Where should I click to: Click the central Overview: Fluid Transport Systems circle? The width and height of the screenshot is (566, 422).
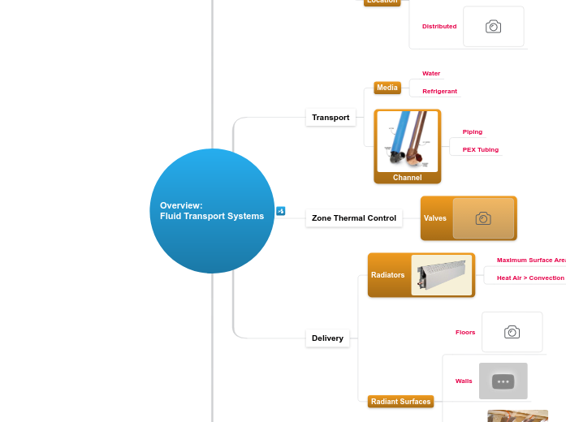[x=212, y=211]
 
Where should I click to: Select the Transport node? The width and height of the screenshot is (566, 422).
[x=331, y=118]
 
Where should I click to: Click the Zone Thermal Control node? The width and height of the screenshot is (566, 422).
[x=353, y=218]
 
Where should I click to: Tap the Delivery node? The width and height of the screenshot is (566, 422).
[x=327, y=338]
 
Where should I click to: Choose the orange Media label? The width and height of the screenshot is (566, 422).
[x=387, y=88]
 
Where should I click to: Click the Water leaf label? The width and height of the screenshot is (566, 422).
[x=431, y=74]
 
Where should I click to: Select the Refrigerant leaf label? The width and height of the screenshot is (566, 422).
[x=439, y=92]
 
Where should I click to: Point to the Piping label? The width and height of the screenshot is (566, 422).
[x=472, y=132]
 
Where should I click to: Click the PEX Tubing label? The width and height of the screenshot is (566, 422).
[x=480, y=150]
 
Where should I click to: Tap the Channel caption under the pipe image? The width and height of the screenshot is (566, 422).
[x=407, y=178]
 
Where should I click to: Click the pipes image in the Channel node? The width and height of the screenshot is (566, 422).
[x=407, y=141]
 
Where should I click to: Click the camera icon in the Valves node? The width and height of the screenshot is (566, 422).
[x=483, y=218]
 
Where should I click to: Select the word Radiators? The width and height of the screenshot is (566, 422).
[x=387, y=275]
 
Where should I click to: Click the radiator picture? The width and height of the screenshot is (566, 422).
[x=442, y=275]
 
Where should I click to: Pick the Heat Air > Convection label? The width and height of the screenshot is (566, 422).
[x=529, y=278]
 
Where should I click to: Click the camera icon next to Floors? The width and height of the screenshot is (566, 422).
[x=512, y=332]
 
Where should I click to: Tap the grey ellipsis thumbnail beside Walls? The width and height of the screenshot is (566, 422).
[x=503, y=381]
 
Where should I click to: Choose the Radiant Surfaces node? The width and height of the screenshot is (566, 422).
[x=400, y=402]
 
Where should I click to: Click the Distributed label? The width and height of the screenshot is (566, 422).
[x=439, y=27]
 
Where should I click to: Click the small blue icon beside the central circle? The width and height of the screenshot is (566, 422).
[x=281, y=211]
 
